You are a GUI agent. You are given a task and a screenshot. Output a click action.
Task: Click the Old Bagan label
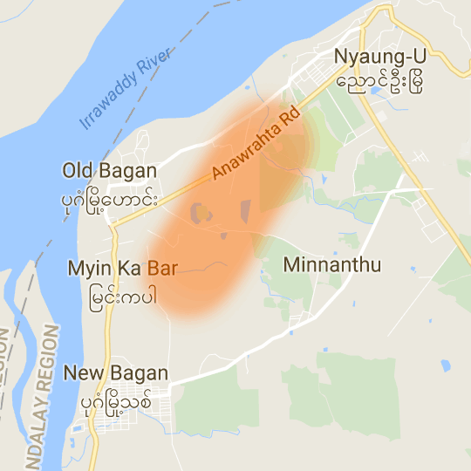tap(110, 171)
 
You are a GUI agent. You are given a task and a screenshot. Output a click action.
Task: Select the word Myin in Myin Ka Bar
tap(85, 269)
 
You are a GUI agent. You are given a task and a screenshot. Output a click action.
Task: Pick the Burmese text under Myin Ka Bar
tap(124, 296)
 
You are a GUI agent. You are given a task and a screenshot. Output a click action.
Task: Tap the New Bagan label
tap(115, 373)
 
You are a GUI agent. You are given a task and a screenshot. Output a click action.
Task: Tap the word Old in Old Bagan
tap(78, 171)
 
